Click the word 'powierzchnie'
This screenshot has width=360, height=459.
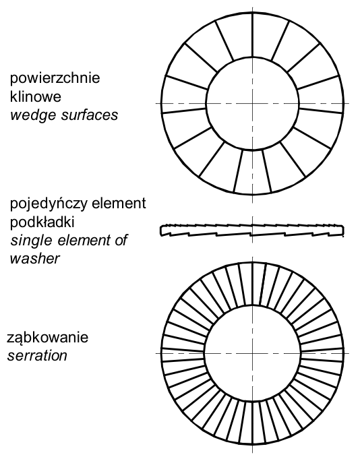[x=55, y=79]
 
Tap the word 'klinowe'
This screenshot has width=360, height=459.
[x=36, y=96]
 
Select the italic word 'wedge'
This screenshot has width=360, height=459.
[x=33, y=115]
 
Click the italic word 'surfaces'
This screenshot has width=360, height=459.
[x=90, y=115]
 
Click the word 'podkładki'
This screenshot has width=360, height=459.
[x=42, y=222]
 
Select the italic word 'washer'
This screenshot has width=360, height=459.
[x=35, y=258]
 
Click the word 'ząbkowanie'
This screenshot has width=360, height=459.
[x=47, y=338]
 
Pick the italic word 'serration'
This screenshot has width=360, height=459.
[x=37, y=356]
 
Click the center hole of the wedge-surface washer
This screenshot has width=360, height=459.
[x=253, y=103]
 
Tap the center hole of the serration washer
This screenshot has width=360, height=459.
[x=253, y=353]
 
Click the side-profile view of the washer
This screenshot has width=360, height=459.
[x=252, y=230]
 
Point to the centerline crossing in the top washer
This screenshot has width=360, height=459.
[x=253, y=103]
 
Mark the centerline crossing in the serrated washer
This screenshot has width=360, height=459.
[x=253, y=353]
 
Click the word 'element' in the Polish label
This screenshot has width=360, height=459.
[x=119, y=203]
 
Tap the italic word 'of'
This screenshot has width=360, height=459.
[x=122, y=241]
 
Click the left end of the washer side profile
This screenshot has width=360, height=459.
[x=160, y=230]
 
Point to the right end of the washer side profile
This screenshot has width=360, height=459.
[x=344, y=231]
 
